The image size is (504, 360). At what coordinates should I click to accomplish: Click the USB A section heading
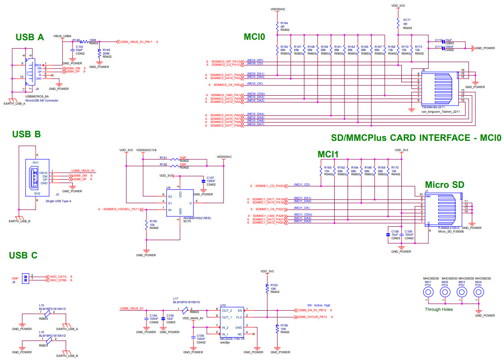click(29, 38)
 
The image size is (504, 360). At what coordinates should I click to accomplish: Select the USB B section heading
click(26, 134)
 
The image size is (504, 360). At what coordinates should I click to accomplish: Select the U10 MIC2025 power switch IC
click(232, 322)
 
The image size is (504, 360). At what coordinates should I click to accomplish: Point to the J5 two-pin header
click(26, 278)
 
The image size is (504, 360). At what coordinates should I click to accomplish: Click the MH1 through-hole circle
click(428, 292)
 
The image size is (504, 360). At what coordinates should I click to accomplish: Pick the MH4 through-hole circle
click(479, 292)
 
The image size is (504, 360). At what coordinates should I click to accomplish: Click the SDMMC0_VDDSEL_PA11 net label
click(122, 209)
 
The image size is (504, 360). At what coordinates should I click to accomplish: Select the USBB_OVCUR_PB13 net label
click(313, 317)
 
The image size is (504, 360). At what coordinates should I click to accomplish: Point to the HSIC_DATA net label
click(58, 277)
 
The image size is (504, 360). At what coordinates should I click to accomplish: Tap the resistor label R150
click(153, 221)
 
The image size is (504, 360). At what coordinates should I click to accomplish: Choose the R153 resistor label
click(274, 285)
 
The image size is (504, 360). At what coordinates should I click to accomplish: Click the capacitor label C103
click(80, 47)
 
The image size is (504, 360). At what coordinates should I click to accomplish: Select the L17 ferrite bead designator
click(176, 298)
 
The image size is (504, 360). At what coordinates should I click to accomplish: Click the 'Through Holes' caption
click(438, 309)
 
